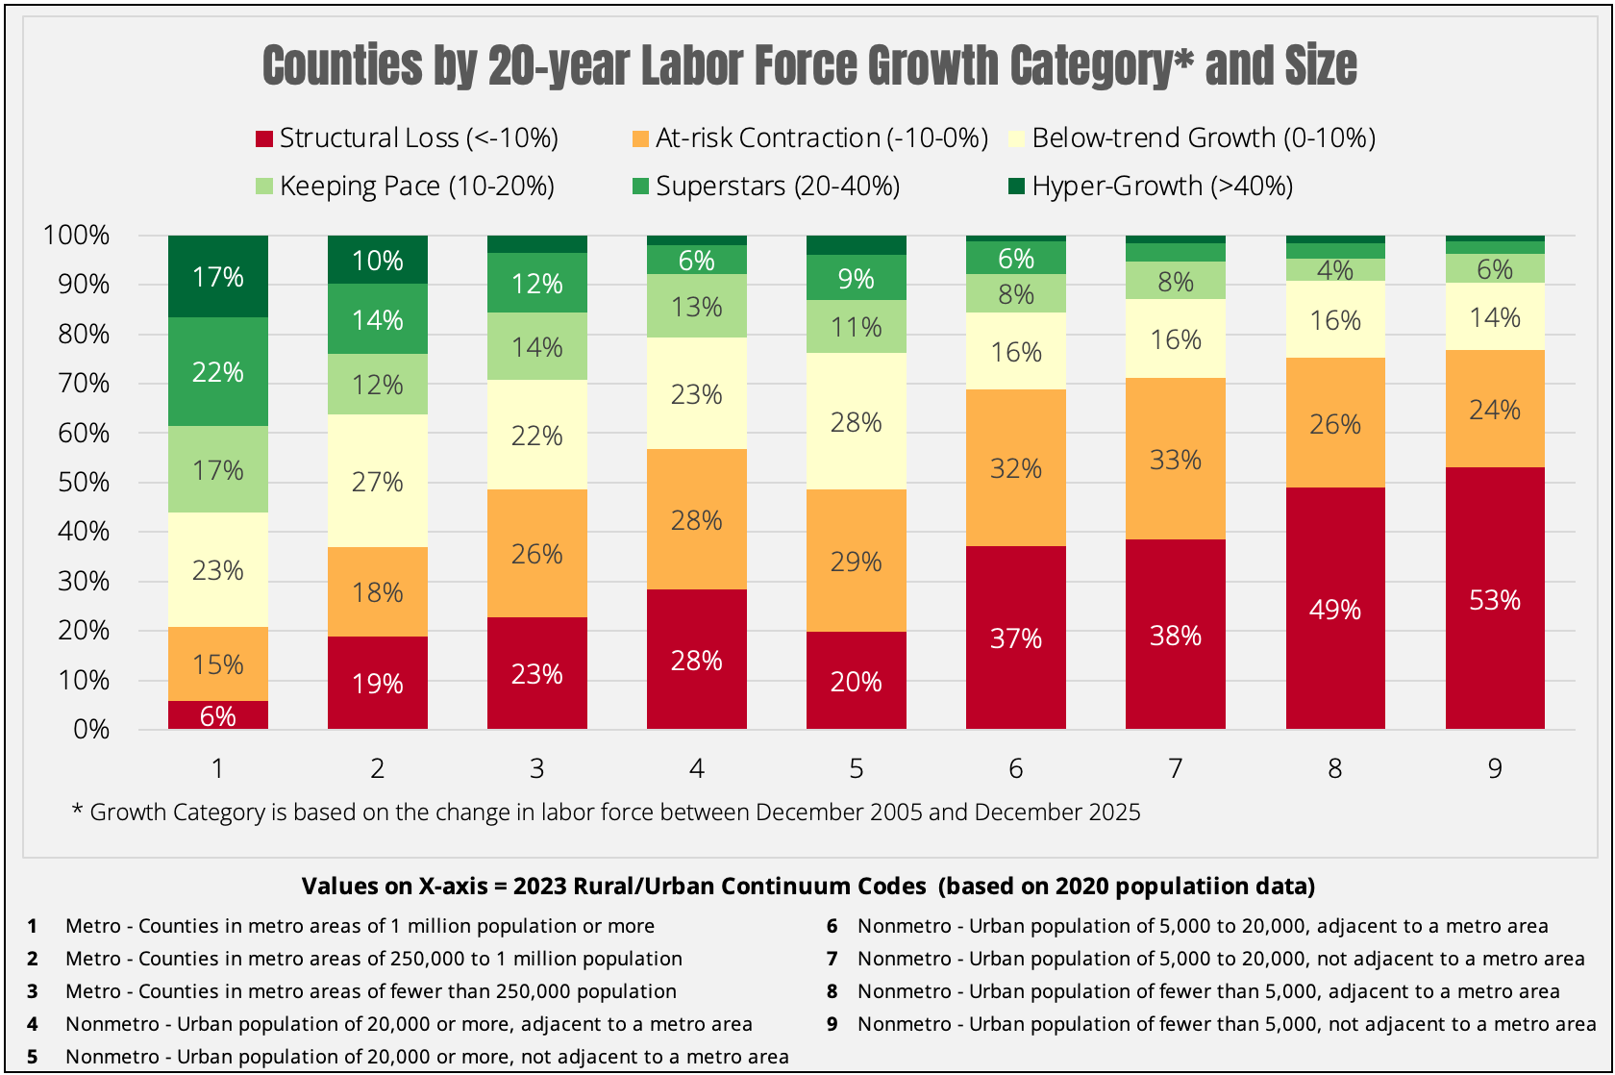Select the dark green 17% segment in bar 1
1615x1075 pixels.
(x=218, y=277)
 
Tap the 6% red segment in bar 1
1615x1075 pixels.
(x=218, y=715)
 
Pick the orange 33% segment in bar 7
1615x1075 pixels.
(x=1176, y=460)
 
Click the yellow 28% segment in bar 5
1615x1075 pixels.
(x=857, y=422)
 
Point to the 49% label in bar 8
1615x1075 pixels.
(x=1335, y=610)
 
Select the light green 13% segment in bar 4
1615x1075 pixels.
(x=697, y=307)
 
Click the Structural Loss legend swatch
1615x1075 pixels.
(x=264, y=139)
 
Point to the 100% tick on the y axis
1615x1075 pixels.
(x=77, y=236)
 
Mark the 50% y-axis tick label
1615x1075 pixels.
(x=84, y=482)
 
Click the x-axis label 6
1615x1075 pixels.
(x=1016, y=768)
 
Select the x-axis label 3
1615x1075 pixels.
(x=537, y=768)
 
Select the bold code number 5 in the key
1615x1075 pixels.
(x=33, y=1057)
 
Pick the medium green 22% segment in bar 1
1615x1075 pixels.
(x=218, y=372)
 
